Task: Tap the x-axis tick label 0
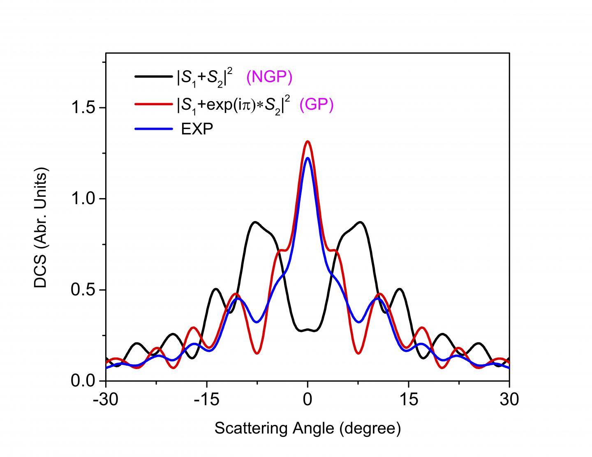[308, 399]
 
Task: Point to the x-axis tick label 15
[408, 399]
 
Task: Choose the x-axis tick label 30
[509, 399]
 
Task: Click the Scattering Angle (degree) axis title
[308, 428]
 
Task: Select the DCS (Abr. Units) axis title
[41, 228]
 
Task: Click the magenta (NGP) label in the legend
[269, 77]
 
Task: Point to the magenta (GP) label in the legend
[316, 104]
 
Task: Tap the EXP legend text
[197, 129]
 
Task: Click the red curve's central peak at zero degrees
[308, 141]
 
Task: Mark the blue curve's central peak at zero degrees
[308, 158]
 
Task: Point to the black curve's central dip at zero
[308, 330]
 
